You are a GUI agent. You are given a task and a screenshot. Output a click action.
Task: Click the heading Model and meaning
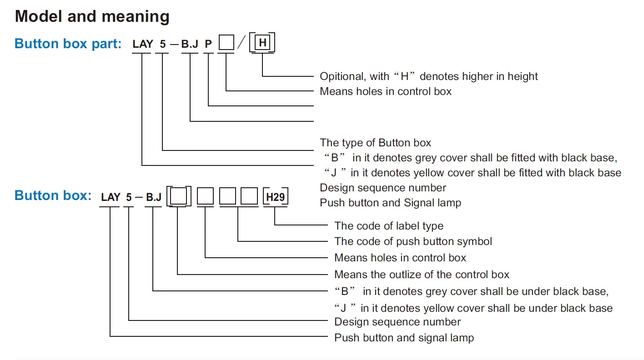(x=92, y=17)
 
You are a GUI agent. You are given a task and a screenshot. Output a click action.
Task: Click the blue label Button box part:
(x=68, y=44)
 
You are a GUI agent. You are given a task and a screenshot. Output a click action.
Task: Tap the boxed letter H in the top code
(x=262, y=44)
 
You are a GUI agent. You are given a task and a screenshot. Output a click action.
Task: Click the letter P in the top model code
(x=208, y=44)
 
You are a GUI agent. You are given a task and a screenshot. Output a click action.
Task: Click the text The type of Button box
(x=375, y=143)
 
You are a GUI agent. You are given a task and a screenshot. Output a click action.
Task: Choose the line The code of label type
(x=388, y=226)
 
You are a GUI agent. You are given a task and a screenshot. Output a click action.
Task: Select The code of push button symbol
(x=413, y=241)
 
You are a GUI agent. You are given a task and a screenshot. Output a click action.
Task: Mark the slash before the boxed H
(x=241, y=44)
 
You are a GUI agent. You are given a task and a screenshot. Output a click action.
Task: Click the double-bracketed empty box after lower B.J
(x=179, y=197)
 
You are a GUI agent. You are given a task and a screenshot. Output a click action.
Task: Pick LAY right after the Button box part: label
(x=143, y=44)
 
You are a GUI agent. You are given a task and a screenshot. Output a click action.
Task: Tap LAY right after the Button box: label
(x=111, y=197)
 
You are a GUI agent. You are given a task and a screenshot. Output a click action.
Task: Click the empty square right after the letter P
(x=226, y=44)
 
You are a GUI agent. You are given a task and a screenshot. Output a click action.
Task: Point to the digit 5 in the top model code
(x=163, y=44)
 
